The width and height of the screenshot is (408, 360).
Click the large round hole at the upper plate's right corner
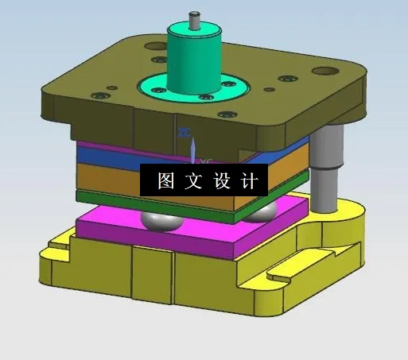click(x=324, y=71)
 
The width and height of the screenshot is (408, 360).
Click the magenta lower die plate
click(x=159, y=239)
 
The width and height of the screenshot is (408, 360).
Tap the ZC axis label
click(x=185, y=133)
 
